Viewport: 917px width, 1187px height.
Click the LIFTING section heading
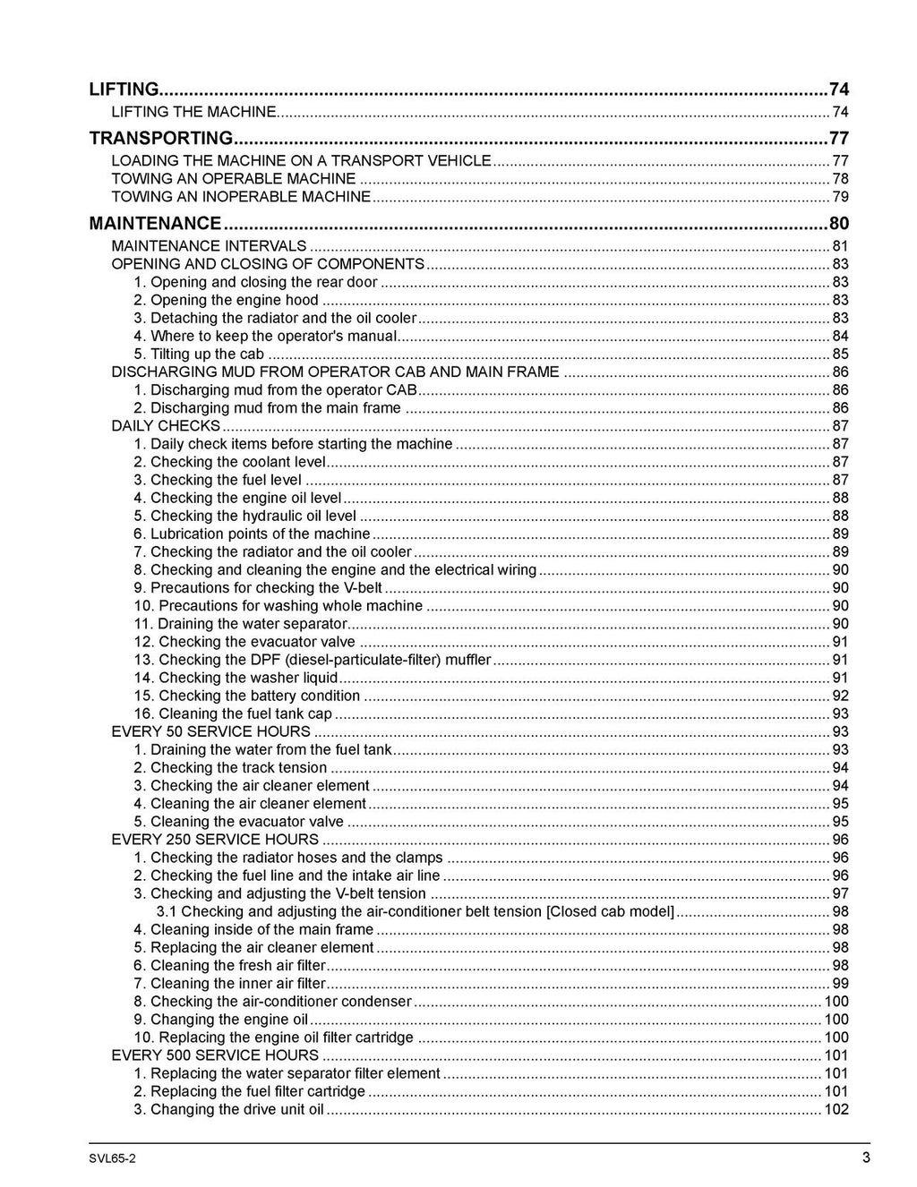pos(124,89)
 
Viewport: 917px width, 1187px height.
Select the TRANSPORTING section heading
pos(161,138)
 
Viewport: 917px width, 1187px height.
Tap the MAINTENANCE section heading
pos(155,223)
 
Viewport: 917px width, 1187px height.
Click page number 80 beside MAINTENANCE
pos(838,223)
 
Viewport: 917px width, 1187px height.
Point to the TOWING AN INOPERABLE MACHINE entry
pos(241,196)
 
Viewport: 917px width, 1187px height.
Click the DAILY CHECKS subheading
pos(166,425)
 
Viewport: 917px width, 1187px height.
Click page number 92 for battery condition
pos(840,696)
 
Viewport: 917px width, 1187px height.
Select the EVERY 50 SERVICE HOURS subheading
pos(210,731)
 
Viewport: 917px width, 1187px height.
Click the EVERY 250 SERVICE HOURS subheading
pos(215,839)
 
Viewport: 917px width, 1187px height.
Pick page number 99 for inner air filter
pos(840,983)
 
